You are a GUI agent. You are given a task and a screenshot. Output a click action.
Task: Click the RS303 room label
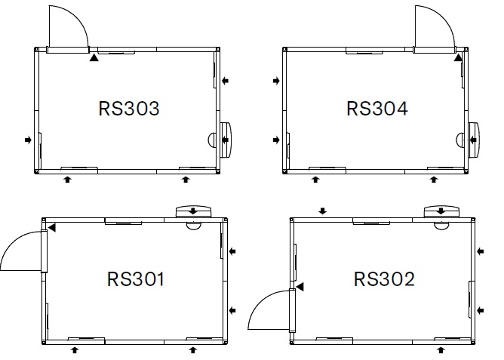click(129, 109)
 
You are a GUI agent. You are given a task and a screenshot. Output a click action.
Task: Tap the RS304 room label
click(377, 109)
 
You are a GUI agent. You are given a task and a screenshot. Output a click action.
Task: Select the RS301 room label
click(136, 279)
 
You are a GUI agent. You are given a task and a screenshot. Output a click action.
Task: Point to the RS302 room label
click(384, 279)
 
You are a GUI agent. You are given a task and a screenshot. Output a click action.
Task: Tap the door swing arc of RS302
click(261, 302)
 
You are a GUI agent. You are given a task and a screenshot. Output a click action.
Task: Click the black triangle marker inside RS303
click(94, 58)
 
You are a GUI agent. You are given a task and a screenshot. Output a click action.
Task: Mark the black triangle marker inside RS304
click(459, 58)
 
